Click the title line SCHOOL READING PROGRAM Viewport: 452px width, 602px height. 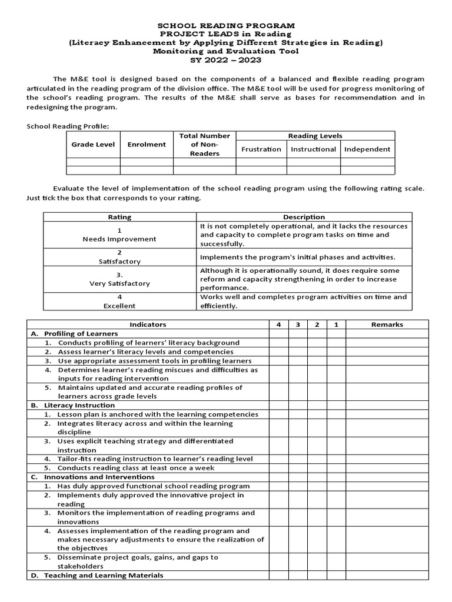[226, 26]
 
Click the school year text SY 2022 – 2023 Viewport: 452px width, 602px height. [226, 59]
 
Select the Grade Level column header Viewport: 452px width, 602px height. [93, 145]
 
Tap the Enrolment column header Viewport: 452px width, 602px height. [147, 145]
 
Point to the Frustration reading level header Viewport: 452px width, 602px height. [261, 149]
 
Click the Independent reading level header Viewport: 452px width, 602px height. [367, 149]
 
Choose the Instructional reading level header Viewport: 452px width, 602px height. [313, 149]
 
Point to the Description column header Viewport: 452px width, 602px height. [304, 217]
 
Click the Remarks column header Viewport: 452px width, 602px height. [387, 325]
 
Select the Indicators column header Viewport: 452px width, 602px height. [148, 325]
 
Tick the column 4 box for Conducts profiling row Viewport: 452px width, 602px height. [279, 343]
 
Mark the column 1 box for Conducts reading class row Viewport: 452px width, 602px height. [336, 468]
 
